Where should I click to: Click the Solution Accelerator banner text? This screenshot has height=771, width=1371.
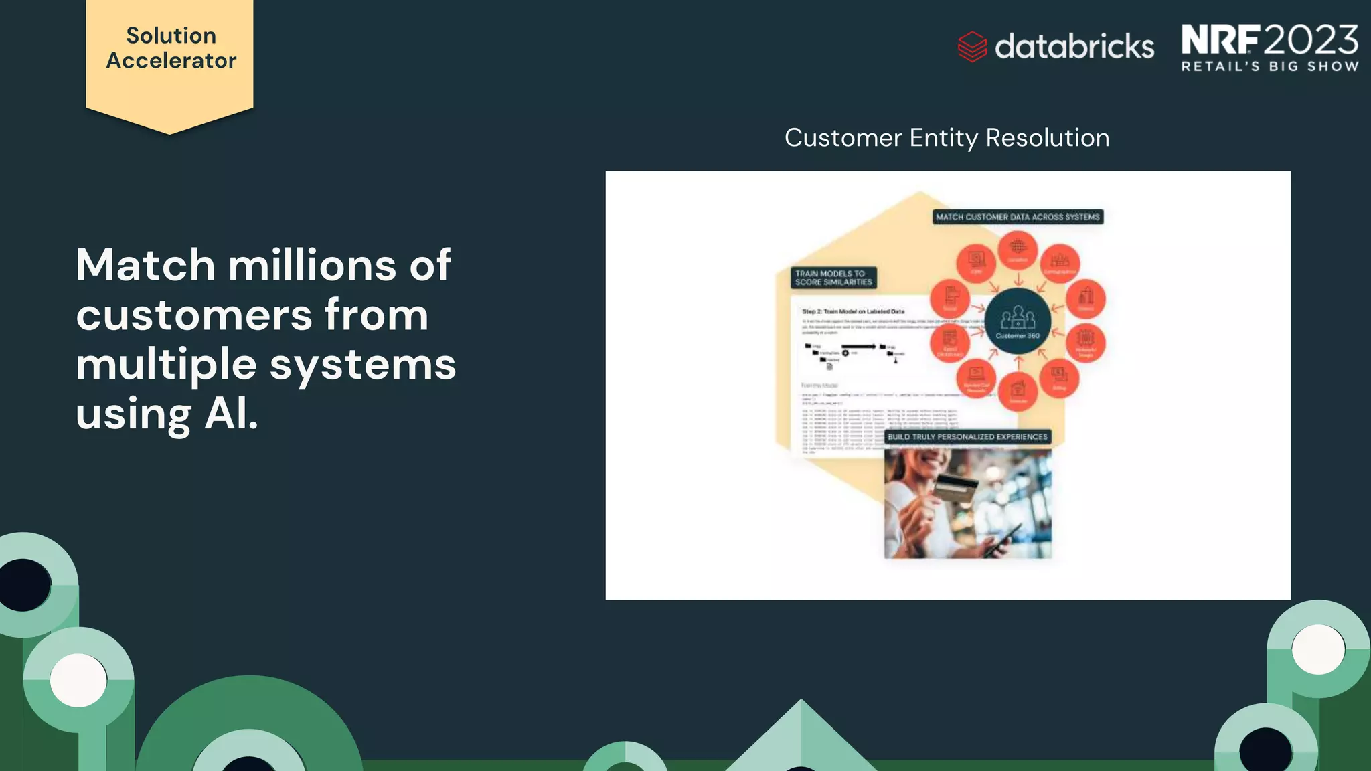click(171, 48)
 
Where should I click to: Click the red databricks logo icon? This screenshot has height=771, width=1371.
click(971, 47)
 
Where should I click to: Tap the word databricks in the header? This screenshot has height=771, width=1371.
click(1074, 47)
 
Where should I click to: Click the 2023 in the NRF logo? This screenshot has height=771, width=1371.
click(1310, 40)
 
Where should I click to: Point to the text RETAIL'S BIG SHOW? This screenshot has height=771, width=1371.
click(1270, 66)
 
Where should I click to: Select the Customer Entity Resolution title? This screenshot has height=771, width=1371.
click(947, 138)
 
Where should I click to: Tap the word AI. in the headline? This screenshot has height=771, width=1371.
click(231, 414)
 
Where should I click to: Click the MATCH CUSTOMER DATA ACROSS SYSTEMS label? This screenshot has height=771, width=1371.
click(1017, 217)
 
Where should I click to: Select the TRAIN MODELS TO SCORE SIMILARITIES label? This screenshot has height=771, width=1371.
click(833, 278)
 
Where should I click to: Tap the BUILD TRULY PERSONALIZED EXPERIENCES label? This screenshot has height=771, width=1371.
click(967, 437)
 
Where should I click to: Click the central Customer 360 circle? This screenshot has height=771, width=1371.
click(1018, 321)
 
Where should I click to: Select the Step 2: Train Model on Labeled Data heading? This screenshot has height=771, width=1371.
click(853, 311)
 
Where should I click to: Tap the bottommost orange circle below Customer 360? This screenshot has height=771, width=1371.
click(1018, 391)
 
